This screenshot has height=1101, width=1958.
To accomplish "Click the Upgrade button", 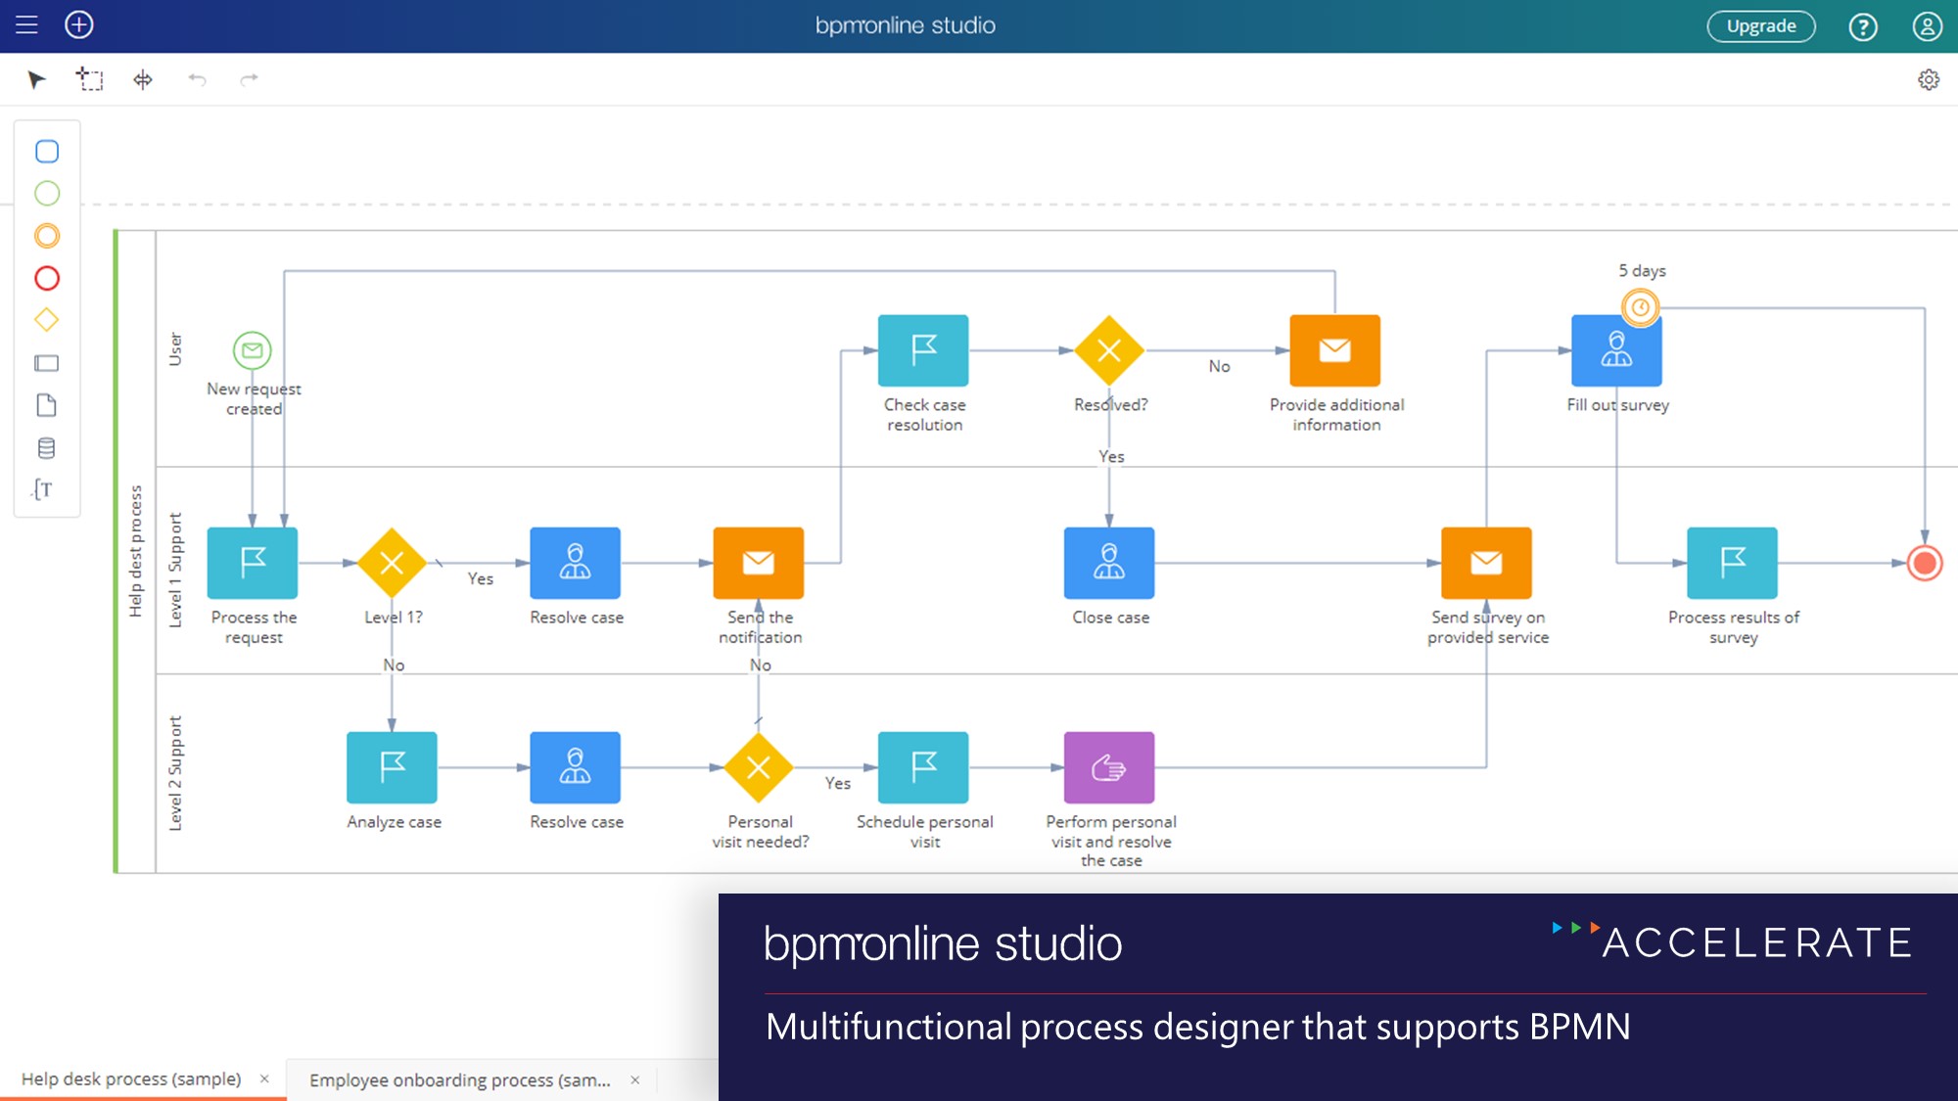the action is [x=1760, y=26].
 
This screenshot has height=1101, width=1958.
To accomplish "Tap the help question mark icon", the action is [x=1862, y=26].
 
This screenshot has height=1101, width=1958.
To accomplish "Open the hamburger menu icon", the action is [x=26, y=25].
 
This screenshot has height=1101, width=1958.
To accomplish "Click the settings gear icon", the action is [x=1928, y=79].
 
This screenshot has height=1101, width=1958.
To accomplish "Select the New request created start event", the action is [x=252, y=349].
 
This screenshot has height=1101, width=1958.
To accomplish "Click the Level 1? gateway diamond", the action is [x=392, y=563].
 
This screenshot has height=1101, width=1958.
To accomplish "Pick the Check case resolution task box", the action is [x=923, y=350].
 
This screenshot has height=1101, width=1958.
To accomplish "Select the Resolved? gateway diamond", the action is [x=1109, y=350].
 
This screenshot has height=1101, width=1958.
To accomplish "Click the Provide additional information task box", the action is [x=1334, y=350].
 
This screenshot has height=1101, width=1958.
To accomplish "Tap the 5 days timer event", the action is [x=1641, y=307].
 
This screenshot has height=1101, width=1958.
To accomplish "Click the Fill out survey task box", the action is [x=1616, y=350].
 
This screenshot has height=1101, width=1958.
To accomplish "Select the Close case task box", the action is [x=1109, y=563].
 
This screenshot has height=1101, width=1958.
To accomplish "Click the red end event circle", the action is [x=1925, y=563].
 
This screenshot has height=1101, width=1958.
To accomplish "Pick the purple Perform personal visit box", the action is [x=1109, y=767].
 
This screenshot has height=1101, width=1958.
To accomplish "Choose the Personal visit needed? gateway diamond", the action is [x=759, y=767].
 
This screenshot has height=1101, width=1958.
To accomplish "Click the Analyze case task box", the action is [x=392, y=767].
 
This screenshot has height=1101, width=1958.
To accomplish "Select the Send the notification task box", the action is [x=759, y=563].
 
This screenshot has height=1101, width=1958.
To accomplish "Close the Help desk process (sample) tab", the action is [x=264, y=1078].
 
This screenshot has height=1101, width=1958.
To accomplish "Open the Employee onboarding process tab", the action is [x=459, y=1079].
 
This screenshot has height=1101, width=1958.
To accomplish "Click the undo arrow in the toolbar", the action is [x=197, y=79].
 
